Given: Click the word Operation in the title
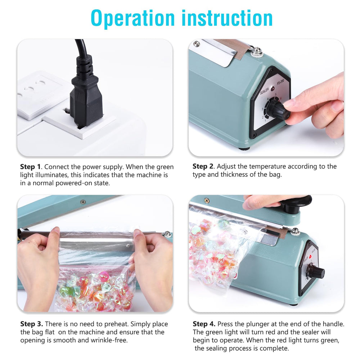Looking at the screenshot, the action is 133,19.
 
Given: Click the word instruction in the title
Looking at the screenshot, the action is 227,18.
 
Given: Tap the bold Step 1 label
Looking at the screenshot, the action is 30,167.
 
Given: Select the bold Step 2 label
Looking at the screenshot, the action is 203,166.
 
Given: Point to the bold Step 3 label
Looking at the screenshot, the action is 31,324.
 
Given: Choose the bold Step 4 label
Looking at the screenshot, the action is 204,324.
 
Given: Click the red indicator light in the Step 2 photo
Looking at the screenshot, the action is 273,89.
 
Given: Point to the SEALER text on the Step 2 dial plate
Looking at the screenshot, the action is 264,91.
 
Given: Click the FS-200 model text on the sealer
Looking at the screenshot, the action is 280,82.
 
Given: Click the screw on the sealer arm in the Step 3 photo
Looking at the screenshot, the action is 83,202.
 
